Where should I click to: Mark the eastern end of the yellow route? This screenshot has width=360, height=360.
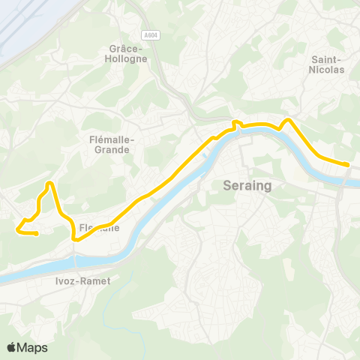point(347,164)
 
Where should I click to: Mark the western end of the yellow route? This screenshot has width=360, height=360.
point(36,233)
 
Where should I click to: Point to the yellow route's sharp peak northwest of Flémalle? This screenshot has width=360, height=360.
point(49,183)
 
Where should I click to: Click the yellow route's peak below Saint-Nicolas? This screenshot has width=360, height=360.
point(287,119)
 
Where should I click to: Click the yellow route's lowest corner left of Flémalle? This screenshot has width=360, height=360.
point(74,239)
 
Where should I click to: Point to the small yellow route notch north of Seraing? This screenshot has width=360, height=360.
point(235,122)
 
